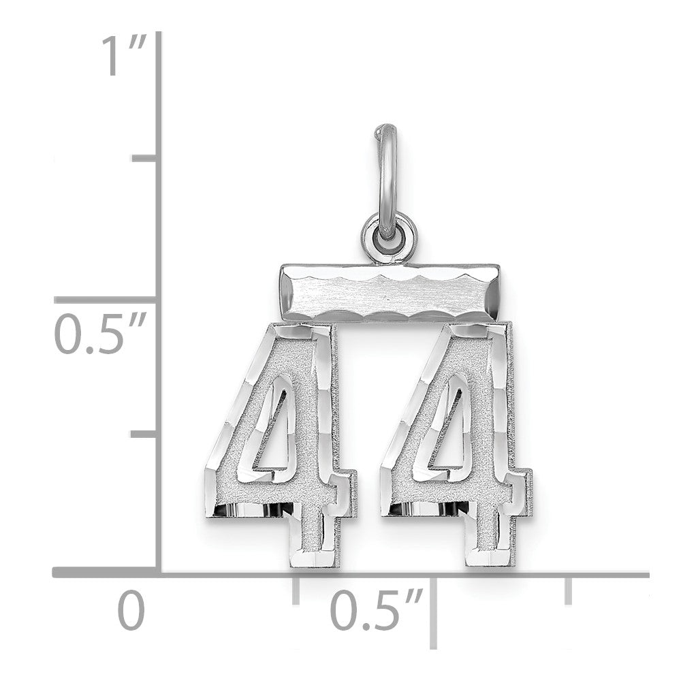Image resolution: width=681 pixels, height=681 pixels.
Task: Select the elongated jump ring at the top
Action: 389,170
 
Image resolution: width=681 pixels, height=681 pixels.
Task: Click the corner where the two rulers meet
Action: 159,575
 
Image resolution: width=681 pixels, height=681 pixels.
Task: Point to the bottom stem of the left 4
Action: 317,538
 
